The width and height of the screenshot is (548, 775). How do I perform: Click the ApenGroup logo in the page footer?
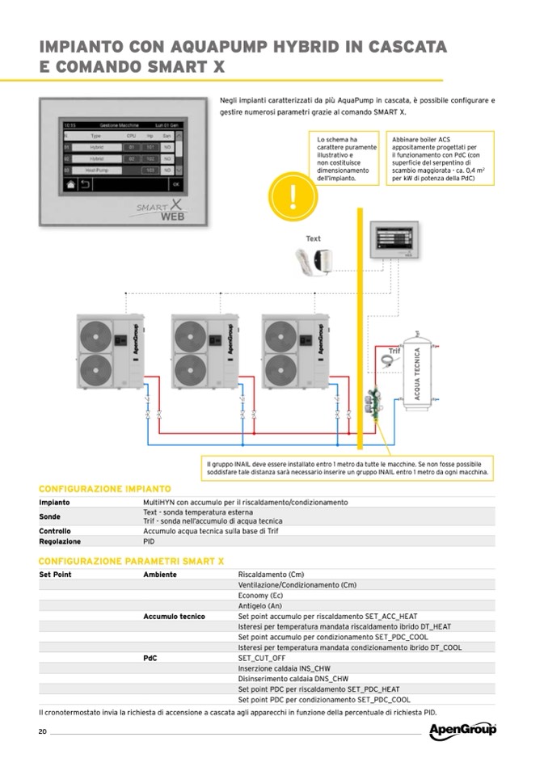click(x=462, y=731)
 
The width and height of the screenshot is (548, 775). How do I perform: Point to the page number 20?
click(x=43, y=731)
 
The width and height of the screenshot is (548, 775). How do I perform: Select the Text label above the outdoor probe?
click(x=313, y=238)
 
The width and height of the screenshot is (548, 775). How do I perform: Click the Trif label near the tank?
click(x=394, y=351)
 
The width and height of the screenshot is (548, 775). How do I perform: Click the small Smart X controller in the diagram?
click(x=395, y=241)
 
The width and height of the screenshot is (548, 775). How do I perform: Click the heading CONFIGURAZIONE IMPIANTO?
click(x=105, y=489)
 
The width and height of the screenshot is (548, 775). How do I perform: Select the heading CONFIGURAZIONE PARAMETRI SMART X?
click(x=132, y=561)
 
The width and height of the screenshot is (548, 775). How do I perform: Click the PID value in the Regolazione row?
click(x=149, y=541)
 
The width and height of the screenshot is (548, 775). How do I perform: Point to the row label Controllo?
click(x=56, y=531)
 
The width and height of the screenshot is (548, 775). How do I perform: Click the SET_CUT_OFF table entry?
click(x=262, y=658)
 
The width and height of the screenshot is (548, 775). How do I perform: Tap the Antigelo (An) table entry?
click(x=259, y=605)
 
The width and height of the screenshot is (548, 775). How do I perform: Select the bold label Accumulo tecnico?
click(x=174, y=616)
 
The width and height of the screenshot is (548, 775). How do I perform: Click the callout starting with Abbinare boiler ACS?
click(x=437, y=158)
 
